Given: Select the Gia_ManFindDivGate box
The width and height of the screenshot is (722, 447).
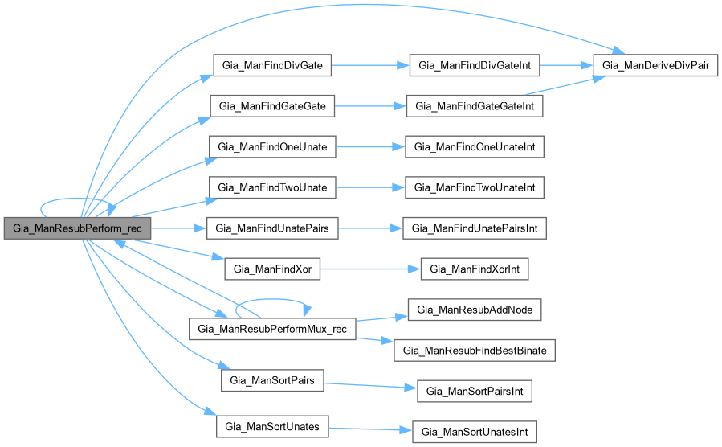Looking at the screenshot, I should (272, 66).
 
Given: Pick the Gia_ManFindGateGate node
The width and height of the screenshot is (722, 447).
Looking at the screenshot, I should (272, 106).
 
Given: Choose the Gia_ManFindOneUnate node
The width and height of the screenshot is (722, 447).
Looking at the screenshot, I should (272, 146).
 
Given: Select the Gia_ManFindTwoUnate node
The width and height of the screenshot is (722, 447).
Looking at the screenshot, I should (272, 187).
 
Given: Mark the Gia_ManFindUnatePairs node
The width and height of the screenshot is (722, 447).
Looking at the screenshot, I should (272, 228).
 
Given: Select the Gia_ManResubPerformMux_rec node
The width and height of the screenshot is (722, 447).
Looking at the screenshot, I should (272, 328).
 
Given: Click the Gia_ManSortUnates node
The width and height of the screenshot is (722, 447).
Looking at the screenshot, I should (272, 425).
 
